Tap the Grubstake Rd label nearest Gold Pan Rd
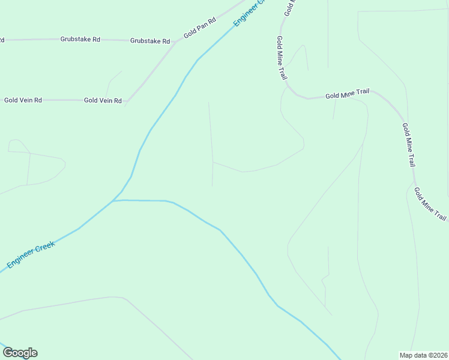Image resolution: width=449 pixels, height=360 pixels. pyautogui.click(x=150, y=41)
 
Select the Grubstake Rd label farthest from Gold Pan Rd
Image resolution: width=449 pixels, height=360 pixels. pyautogui.click(x=80, y=39)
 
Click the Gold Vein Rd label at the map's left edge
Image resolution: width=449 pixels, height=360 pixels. pyautogui.click(x=23, y=100)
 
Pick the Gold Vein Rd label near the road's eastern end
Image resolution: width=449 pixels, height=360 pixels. pyautogui.click(x=103, y=101)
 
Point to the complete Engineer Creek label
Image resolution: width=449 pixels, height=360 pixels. pyautogui.click(x=31, y=254)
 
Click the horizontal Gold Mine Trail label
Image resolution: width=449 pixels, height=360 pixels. pyautogui.click(x=347, y=94)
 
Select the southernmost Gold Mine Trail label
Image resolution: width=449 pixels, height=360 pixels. pyautogui.click(x=430, y=205)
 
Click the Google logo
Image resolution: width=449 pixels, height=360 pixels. pyautogui.click(x=20, y=353)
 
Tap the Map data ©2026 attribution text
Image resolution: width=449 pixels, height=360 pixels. pyautogui.click(x=423, y=355)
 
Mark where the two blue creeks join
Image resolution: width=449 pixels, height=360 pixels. pyautogui.click(x=114, y=200)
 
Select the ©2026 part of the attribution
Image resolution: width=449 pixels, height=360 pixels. pyautogui.click(x=436, y=355)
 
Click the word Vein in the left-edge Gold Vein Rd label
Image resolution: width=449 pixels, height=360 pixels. pyautogui.click(x=23, y=100)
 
